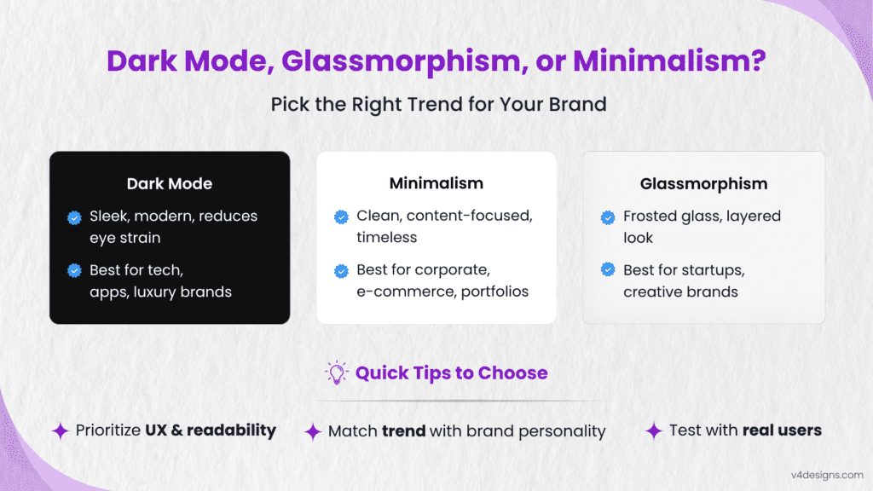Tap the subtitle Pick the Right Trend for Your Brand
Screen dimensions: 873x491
439,105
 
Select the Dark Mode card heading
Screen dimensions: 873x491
170,184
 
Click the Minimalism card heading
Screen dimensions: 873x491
436,183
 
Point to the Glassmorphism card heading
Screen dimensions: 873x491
703,184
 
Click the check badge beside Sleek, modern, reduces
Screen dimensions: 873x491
75,217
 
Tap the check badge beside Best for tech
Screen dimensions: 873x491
75,270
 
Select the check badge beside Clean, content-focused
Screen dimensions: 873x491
341,217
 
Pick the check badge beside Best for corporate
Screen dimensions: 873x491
341,271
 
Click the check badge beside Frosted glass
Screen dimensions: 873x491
608,217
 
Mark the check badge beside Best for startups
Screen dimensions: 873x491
608,270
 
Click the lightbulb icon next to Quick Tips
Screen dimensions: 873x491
337,373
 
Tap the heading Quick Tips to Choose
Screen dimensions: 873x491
452,373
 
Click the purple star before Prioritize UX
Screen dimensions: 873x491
61,430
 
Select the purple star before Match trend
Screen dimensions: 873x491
313,431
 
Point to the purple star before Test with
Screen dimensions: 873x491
654,430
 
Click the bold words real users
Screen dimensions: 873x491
783,430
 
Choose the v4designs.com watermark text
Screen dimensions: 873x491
827,475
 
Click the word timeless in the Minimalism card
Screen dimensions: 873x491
387,238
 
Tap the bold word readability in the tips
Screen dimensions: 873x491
232,430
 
